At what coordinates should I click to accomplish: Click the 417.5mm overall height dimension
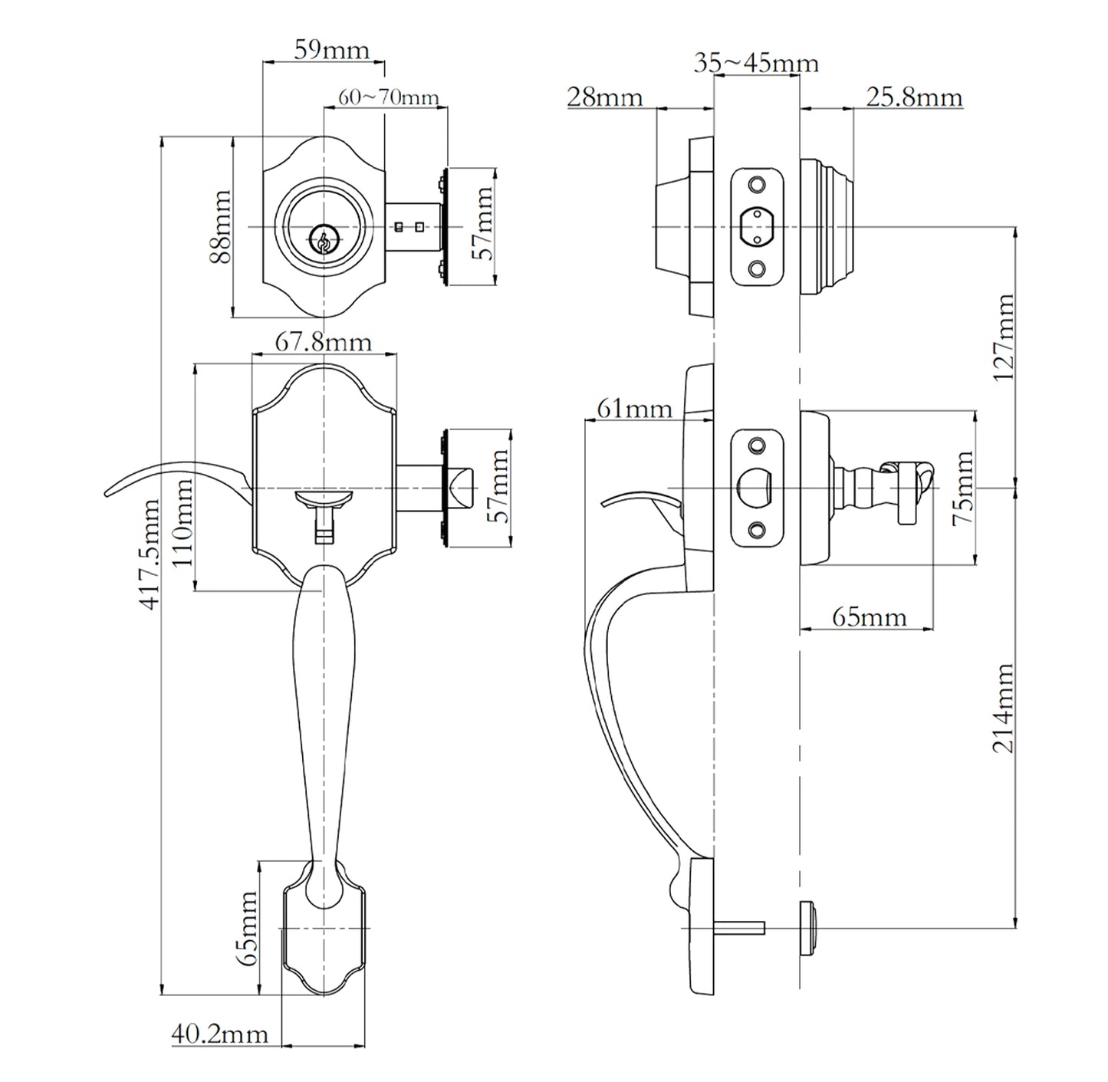click(150, 554)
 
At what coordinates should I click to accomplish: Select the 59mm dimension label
click(331, 51)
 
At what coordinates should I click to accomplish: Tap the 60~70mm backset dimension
click(388, 97)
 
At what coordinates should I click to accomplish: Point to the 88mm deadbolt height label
click(222, 227)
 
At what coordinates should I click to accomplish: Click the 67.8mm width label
click(323, 342)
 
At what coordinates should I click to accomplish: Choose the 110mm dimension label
click(182, 521)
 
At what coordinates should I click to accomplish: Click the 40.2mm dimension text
click(219, 1034)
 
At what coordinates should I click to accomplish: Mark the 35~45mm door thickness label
click(755, 63)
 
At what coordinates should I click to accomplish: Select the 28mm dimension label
click(604, 97)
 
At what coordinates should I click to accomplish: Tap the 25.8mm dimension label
click(914, 97)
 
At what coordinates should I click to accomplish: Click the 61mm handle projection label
click(634, 409)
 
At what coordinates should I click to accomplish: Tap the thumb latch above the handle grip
click(323, 501)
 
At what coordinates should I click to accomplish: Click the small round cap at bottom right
click(808, 928)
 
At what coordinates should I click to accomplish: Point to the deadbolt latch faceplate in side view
click(756, 227)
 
